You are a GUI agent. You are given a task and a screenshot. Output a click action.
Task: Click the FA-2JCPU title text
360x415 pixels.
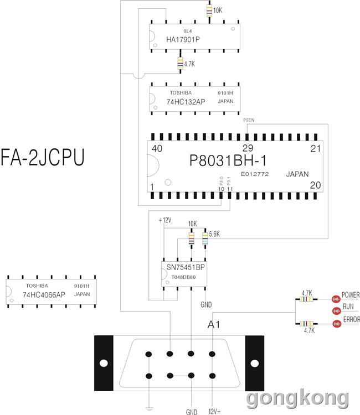(x=43, y=157)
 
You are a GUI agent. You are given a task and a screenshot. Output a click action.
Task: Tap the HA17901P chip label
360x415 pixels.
(x=183, y=39)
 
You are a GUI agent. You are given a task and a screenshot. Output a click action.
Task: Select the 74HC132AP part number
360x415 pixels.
(x=186, y=102)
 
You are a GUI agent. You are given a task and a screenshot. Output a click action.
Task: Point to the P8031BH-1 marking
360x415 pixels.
(x=228, y=160)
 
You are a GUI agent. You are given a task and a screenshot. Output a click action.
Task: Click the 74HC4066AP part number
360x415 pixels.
(x=44, y=295)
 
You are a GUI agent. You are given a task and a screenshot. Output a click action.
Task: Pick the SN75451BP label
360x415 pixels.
(x=186, y=267)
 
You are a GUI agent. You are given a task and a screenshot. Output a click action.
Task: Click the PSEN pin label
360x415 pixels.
(x=249, y=120)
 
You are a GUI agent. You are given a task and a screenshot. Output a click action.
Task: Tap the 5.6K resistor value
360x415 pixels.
(x=214, y=234)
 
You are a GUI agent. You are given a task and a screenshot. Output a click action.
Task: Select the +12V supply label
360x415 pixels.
(x=164, y=220)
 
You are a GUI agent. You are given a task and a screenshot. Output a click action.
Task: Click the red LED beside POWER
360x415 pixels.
(x=336, y=299)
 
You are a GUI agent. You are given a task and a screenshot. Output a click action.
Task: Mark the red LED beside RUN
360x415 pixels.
(x=336, y=311)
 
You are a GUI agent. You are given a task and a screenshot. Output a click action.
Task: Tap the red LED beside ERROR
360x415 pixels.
(x=337, y=324)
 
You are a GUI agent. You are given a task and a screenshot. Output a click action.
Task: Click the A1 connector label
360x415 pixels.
(x=214, y=324)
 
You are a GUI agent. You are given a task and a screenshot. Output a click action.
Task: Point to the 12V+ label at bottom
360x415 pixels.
(x=214, y=411)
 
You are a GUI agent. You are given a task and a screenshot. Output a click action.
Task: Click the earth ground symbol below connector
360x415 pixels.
(x=149, y=409)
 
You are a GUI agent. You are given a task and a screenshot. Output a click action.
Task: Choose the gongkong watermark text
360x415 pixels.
(x=298, y=398)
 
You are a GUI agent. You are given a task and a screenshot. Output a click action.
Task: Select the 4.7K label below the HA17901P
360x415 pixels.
(x=189, y=64)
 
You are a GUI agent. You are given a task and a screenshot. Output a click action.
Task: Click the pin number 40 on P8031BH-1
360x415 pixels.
(x=157, y=148)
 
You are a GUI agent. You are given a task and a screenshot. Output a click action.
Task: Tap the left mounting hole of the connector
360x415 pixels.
(x=104, y=363)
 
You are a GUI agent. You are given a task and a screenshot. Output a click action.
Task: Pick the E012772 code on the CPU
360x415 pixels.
(x=255, y=174)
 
